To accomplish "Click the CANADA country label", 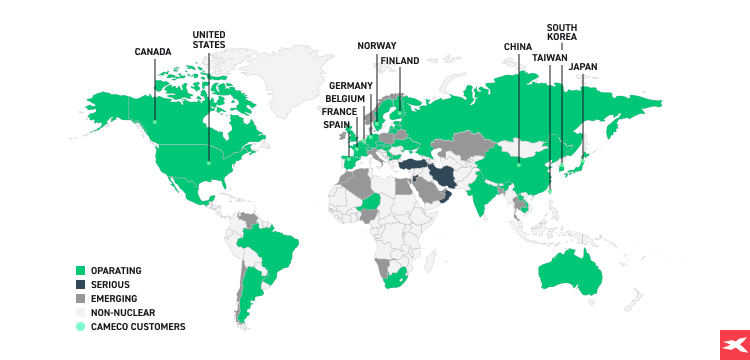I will pos(154,52).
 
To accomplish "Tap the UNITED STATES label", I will pos(209,39).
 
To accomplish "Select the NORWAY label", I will pos(377,46).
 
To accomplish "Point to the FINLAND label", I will pos(400,61).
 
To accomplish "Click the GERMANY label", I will pos(349,86).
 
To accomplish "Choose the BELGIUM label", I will pos(345,99).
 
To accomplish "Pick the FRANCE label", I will pos(339,112).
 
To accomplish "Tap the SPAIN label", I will pos(337,125).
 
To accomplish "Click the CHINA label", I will pos(518,46).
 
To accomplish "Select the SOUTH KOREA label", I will pos(562,32).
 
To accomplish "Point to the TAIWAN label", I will pos(550,58).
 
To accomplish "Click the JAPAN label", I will pos(583,68).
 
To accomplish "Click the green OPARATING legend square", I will pos(80,271).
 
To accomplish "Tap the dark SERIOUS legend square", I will pos(80,285).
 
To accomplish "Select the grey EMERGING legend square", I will pos(80,299).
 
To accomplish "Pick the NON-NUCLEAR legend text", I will pos(123,313).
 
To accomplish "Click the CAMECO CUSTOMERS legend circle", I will pos(80,327).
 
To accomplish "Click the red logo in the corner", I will pos(734,344).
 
